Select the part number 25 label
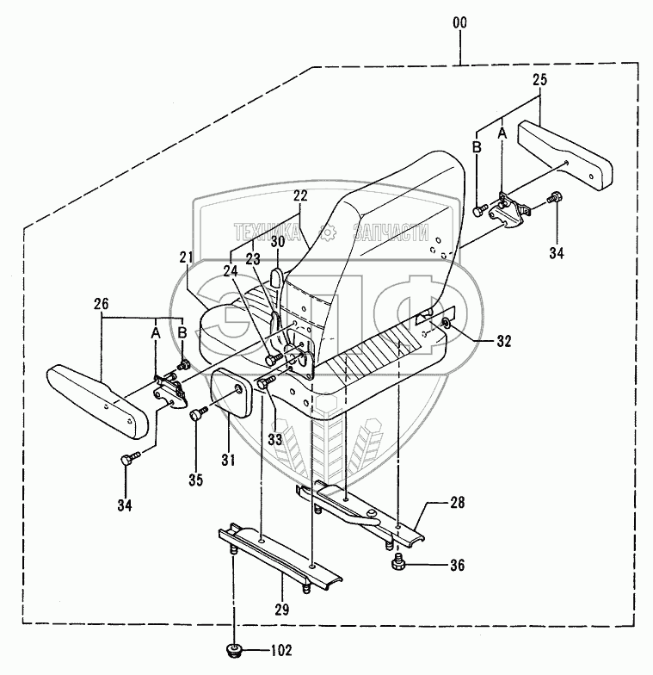point(539,80)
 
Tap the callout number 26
point(102,303)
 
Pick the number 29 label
point(281,610)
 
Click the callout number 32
point(503,341)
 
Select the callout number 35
point(195,480)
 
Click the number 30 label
point(277,244)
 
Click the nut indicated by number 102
point(232,649)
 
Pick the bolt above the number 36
point(398,564)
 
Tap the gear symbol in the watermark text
point(327,232)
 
